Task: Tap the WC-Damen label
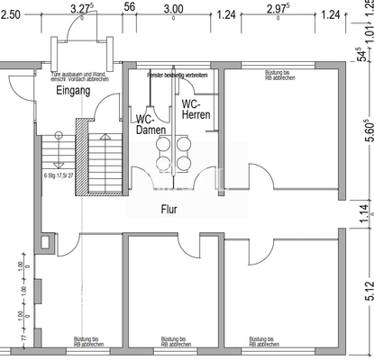pyautogui.click(x=150, y=124)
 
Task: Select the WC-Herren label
pyautogui.click(x=197, y=108)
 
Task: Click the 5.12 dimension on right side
pyautogui.click(x=366, y=289)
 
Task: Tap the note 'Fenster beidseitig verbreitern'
pyautogui.click(x=178, y=75)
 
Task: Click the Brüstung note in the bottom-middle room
pyautogui.click(x=175, y=341)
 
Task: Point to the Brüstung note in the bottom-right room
pyautogui.click(x=264, y=341)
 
